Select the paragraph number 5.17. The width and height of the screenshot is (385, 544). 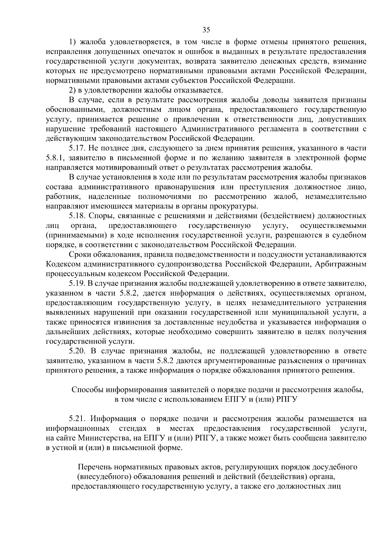pos(77,148)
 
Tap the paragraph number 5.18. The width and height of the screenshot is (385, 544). pos(77,216)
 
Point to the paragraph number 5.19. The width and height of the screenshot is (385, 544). pos(77,283)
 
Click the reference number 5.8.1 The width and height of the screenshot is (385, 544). pos(55,158)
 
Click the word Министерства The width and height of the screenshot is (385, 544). pos(107,438)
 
